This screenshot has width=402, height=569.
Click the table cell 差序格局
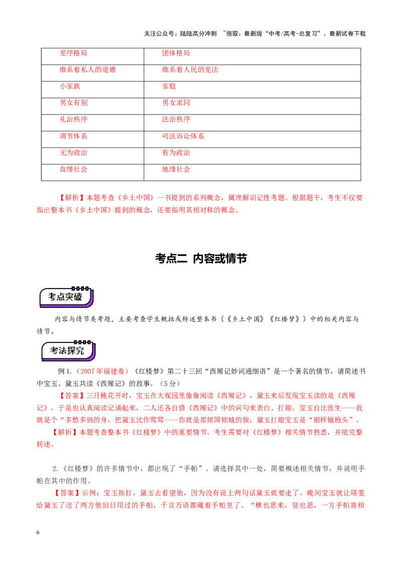(x=92, y=56)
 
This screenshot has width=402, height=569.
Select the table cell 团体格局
(x=252, y=56)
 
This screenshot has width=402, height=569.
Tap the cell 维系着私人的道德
(x=92, y=73)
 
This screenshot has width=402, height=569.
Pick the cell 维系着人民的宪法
(x=252, y=73)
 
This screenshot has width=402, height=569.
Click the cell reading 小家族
(x=92, y=89)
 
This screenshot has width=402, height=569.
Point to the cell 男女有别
(x=92, y=107)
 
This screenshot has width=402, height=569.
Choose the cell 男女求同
(x=252, y=107)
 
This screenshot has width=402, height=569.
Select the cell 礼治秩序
(x=92, y=123)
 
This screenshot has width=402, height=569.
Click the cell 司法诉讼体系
(x=252, y=139)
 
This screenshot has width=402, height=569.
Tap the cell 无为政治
(x=92, y=156)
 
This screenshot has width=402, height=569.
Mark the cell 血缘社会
(x=92, y=172)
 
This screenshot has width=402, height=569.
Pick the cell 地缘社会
(x=252, y=172)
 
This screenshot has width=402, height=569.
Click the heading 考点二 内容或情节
(x=201, y=258)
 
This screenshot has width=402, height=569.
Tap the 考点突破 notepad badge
(x=66, y=297)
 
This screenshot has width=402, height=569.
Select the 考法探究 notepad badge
(x=68, y=350)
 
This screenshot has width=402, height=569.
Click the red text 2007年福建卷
(x=103, y=371)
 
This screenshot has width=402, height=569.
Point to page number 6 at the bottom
(x=38, y=532)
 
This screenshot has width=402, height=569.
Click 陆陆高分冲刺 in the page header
(x=198, y=34)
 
